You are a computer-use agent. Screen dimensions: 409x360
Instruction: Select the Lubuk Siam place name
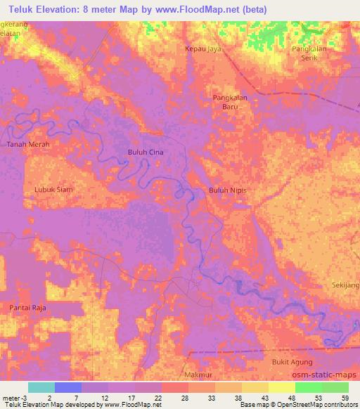(54, 189)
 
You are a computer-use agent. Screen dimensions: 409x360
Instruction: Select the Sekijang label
(345, 285)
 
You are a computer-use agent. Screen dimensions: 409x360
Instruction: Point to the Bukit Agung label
(289, 361)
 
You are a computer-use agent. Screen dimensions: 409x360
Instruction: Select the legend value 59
(345, 396)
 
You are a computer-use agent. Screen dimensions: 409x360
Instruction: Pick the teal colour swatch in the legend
(41, 387)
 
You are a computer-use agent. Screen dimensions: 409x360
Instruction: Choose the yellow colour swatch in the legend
(282, 387)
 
